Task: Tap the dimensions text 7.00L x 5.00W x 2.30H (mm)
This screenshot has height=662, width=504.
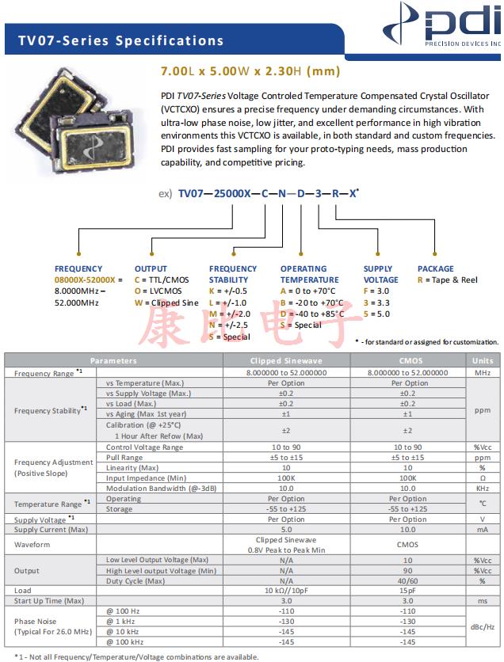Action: coord(250,71)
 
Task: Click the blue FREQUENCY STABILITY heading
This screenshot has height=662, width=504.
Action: coord(233,274)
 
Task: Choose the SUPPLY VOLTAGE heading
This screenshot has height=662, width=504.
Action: coord(381,274)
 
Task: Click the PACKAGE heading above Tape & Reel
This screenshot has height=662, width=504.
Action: coord(436,269)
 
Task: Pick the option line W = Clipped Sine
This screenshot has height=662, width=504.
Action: coord(166,302)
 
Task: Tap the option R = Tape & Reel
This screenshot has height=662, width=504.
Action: coord(448,280)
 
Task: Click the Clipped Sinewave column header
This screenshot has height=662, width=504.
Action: coord(286,360)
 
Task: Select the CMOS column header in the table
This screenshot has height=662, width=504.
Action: coord(407,360)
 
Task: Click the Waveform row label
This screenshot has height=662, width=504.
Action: coord(32,545)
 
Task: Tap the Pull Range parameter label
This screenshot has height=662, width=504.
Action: coord(124,458)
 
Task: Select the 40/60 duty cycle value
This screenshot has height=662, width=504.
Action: coord(407,580)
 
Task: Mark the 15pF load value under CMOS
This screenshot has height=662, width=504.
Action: coord(407,591)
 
